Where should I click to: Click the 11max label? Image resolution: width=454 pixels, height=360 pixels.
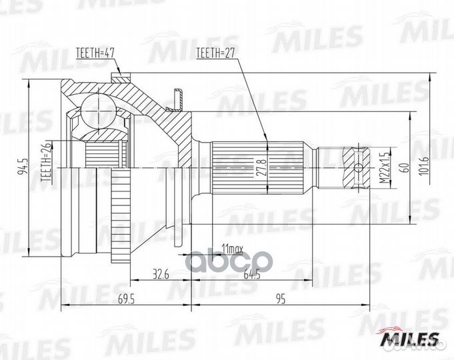233,248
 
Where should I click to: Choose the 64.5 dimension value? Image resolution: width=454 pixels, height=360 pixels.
251,273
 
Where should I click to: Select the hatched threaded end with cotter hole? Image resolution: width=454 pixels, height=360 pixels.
358,167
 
